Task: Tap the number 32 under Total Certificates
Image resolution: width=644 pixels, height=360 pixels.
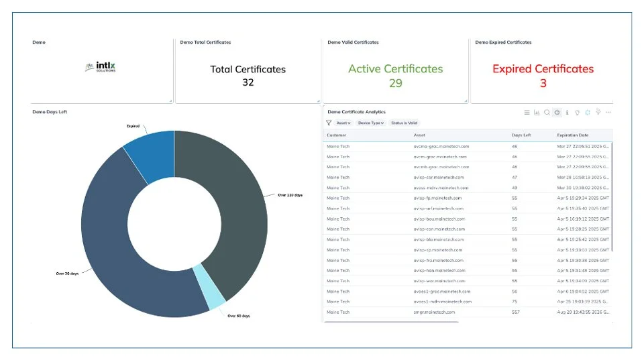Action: pyautogui.click(x=248, y=82)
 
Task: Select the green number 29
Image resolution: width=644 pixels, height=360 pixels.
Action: pyautogui.click(x=395, y=83)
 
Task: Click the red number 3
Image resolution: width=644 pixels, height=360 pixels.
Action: pyautogui.click(x=543, y=83)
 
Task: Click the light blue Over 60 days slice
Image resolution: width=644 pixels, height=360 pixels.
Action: pyautogui.click(x=216, y=295)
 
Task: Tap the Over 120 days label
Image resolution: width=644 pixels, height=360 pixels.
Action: pyautogui.click(x=290, y=195)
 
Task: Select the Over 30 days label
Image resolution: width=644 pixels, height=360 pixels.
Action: pyautogui.click(x=68, y=274)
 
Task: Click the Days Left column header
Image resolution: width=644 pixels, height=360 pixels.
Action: pyautogui.click(x=521, y=135)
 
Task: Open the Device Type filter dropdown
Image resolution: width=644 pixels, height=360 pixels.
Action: pyautogui.click(x=370, y=123)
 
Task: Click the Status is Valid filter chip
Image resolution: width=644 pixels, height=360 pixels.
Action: pyautogui.click(x=404, y=123)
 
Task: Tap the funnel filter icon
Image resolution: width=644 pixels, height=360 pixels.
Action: pyautogui.click(x=329, y=123)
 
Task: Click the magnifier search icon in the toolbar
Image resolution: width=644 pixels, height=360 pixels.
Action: pyautogui.click(x=547, y=113)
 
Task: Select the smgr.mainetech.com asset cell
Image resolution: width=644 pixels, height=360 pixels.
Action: pyautogui.click(x=434, y=312)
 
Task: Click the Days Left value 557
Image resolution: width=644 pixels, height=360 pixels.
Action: pyautogui.click(x=516, y=312)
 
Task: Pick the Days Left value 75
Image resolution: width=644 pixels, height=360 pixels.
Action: pyautogui.click(x=515, y=302)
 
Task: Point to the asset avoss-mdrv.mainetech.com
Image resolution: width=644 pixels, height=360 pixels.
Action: pyautogui.click(x=441, y=188)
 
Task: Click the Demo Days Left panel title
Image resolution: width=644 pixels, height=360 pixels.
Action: pyautogui.click(x=50, y=112)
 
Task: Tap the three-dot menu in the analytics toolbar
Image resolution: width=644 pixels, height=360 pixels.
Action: pyautogui.click(x=608, y=113)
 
